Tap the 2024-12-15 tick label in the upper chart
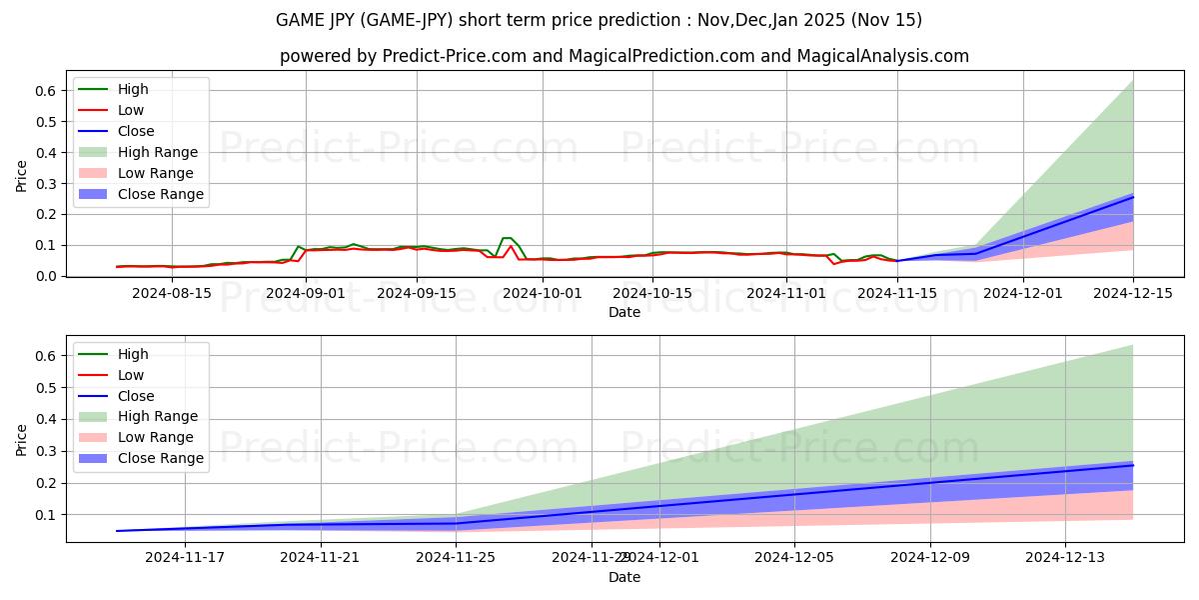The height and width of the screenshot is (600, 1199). (1132, 293)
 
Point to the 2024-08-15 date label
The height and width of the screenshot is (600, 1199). (172, 293)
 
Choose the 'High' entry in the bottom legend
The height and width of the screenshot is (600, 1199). (133, 354)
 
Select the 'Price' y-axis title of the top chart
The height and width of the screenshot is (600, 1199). (22, 176)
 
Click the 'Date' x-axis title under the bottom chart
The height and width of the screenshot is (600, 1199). (624, 577)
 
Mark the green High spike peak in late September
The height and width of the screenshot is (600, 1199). (507, 238)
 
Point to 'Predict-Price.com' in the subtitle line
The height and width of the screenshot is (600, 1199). (455, 56)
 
